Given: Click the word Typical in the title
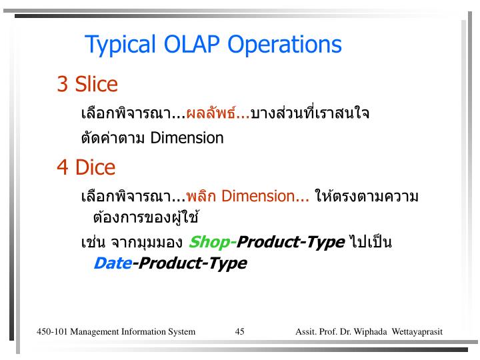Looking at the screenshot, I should click(120, 45).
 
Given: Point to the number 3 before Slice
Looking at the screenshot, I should click(63, 85).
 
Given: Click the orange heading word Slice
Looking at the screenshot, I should click(97, 85).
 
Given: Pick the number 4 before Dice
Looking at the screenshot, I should click(63, 167).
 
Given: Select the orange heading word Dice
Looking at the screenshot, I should click(95, 167).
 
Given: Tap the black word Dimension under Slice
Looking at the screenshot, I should click(187, 138).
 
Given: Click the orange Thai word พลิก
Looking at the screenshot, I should click(201, 197).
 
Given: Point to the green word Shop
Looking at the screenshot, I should click(209, 241).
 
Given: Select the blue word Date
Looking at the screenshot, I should click(112, 263).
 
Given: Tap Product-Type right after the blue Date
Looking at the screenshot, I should click(192, 263).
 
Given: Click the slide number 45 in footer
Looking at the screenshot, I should click(240, 331).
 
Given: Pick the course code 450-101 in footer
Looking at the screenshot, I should click(51, 331).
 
